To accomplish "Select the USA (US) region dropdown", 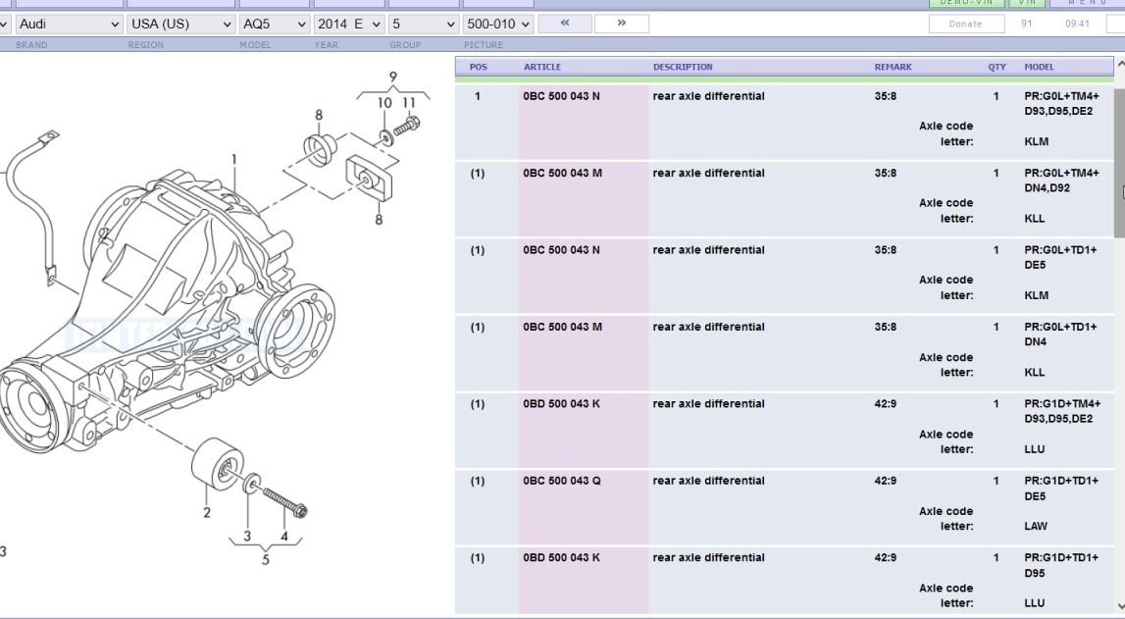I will (181, 24).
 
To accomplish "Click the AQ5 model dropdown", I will (274, 24).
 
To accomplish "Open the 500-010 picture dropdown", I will (499, 24).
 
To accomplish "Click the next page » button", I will (621, 23).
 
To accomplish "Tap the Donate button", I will (965, 24).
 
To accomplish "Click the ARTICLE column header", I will (542, 67).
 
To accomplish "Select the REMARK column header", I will (893, 67).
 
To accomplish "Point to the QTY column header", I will (997, 67).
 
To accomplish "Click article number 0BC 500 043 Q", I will (562, 481).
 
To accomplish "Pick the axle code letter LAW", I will (1035, 527).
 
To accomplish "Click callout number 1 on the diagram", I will (234, 159).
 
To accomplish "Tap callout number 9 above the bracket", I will (392, 77).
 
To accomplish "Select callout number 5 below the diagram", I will (265, 560).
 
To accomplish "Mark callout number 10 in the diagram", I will (384, 102).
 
